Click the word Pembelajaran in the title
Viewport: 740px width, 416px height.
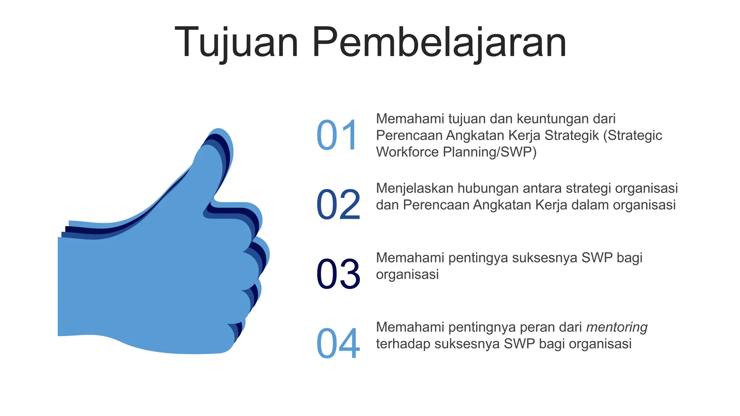pos(439,43)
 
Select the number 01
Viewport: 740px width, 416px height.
pos(337,135)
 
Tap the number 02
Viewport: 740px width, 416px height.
pos(338,205)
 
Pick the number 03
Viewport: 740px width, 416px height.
pos(338,274)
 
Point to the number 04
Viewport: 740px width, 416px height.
pos(338,343)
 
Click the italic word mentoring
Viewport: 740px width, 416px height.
pos(616,327)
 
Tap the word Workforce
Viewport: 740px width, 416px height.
pos(407,152)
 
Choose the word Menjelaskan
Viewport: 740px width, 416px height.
pos(414,188)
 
